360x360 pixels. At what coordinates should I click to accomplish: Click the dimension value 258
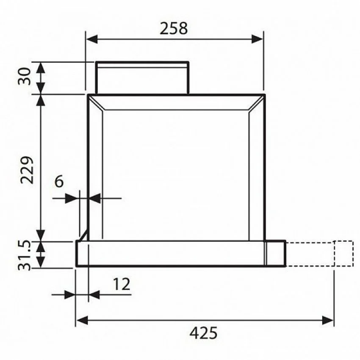(x=174, y=28)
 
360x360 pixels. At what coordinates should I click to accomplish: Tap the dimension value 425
(x=203, y=333)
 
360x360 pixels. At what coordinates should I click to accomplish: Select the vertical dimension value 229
(x=27, y=170)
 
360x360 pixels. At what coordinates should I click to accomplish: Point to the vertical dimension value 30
(x=24, y=76)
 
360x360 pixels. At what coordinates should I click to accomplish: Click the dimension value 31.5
(x=24, y=255)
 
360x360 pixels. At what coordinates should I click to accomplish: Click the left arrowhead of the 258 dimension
(x=91, y=39)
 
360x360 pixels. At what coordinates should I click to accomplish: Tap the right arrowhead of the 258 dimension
(x=258, y=39)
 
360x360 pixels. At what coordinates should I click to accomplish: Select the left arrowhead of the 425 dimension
(x=82, y=320)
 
